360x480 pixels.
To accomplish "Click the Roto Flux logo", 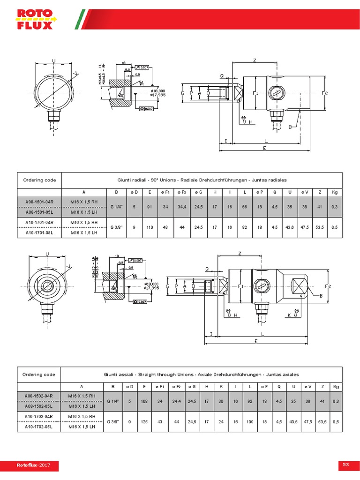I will pyautogui.click(x=35, y=19).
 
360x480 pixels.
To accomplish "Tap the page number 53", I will pyautogui.click(x=346, y=465).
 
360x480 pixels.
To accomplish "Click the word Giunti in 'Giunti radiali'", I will pyautogui.click(x=125, y=180).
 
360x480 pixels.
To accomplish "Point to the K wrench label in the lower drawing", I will pyautogui.click(x=289, y=315).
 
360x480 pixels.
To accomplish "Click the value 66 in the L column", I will pyautogui.click(x=245, y=207).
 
